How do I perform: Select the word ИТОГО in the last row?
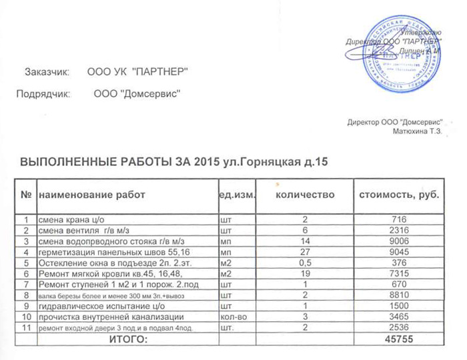(x=127, y=340)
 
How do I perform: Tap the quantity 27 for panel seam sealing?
(x=305, y=252)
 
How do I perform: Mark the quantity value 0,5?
(x=305, y=263)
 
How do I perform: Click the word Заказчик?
(x=47, y=71)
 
